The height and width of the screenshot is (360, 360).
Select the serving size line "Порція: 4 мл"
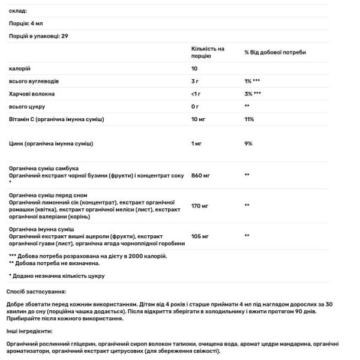click(x=26, y=23)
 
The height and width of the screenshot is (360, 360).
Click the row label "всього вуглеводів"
click(x=34, y=81)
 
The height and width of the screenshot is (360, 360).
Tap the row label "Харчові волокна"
click(x=32, y=94)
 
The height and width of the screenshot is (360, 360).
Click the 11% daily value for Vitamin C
click(x=249, y=119)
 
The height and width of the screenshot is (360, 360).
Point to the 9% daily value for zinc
click(x=248, y=144)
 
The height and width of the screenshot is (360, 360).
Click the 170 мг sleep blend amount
click(x=200, y=206)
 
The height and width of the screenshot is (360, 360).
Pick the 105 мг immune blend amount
click(x=200, y=236)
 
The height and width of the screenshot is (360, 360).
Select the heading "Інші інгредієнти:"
click(x=30, y=331)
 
